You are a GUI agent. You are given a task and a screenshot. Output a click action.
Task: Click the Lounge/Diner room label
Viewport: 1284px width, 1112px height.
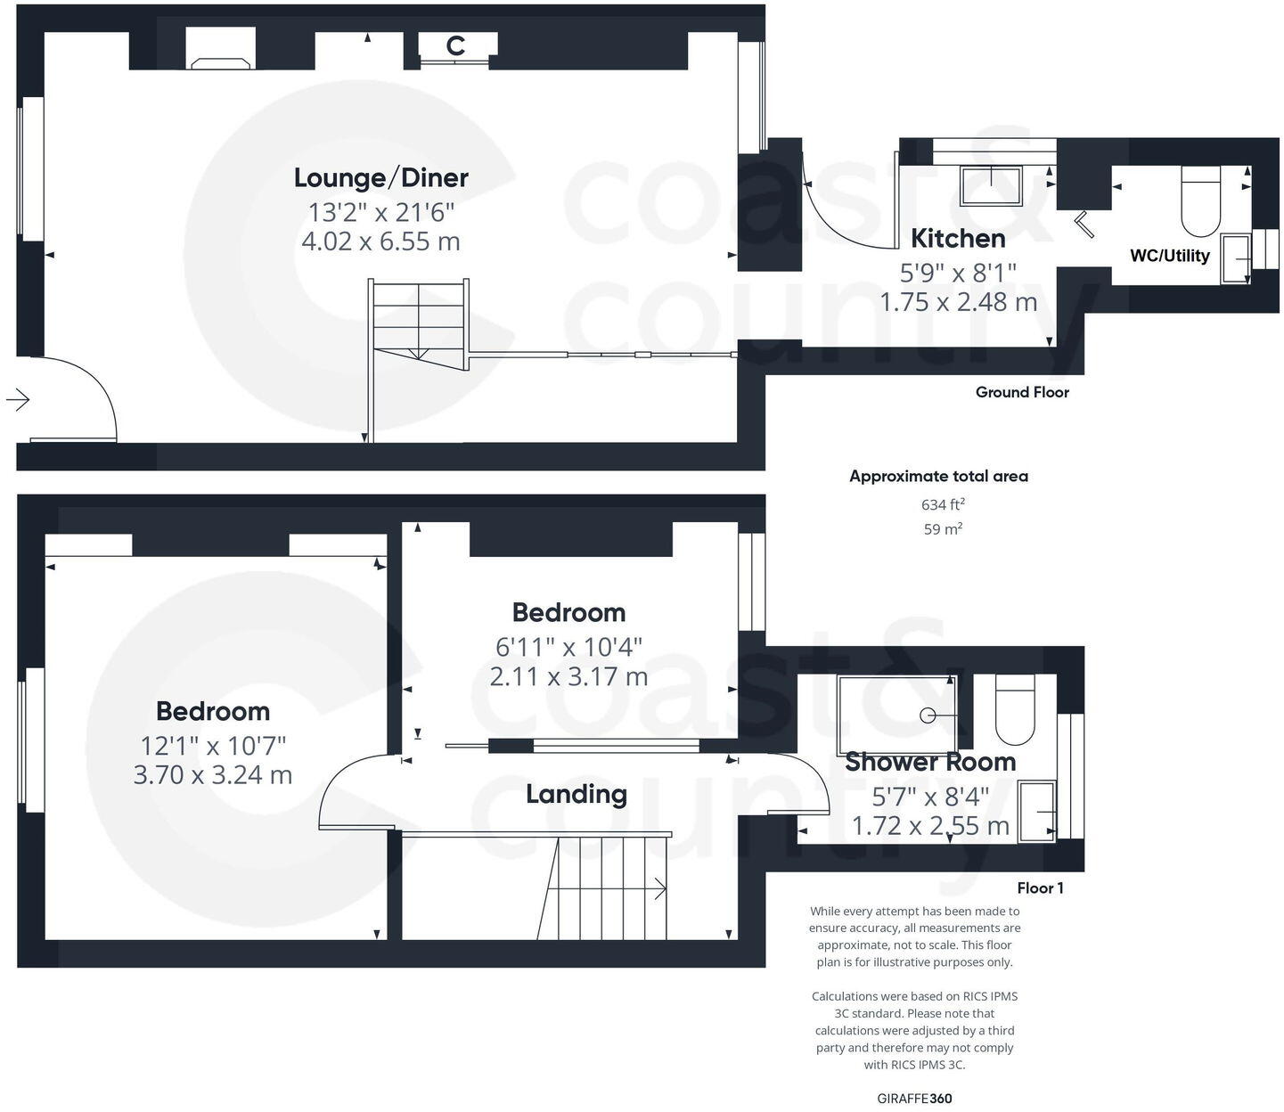(380, 177)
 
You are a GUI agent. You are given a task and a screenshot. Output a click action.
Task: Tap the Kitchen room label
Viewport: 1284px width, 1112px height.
(958, 238)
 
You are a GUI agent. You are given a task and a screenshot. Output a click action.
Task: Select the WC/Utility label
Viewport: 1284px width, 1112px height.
(1169, 256)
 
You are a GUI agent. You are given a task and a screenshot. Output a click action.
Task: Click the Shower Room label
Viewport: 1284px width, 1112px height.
(929, 762)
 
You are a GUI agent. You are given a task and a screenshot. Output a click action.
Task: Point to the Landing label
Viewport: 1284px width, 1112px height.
(576, 794)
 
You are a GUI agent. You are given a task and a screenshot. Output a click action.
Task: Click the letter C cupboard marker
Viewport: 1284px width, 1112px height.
(455, 46)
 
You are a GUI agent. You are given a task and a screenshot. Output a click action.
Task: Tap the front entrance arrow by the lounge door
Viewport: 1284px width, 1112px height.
(18, 399)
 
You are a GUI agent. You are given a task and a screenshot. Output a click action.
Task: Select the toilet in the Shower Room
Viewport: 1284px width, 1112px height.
(1014, 709)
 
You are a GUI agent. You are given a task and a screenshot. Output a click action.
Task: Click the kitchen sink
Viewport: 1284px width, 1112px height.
(991, 185)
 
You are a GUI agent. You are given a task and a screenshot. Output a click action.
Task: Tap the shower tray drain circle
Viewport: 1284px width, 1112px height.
(928, 715)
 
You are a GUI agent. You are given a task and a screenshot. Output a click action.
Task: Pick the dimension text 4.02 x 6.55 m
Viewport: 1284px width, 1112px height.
(380, 241)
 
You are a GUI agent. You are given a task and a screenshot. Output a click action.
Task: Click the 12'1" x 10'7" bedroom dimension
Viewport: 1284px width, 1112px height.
(212, 746)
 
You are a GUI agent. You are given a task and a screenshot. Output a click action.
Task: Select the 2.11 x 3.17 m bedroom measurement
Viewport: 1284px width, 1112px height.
(568, 677)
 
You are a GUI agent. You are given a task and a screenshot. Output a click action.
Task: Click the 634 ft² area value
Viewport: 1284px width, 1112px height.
(943, 504)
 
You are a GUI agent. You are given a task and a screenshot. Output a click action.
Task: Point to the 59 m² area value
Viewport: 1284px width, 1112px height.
(943, 529)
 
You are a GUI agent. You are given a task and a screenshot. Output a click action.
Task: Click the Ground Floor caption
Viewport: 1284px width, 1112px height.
(1021, 392)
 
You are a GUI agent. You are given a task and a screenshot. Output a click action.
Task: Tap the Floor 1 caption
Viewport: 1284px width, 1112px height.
(1040, 887)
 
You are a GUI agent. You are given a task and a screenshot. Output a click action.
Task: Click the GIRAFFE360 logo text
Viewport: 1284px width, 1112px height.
(914, 1099)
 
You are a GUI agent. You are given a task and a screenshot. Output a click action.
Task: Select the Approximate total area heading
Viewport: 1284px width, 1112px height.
(938, 476)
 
